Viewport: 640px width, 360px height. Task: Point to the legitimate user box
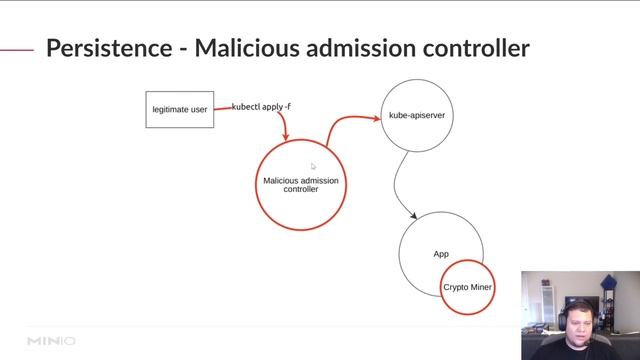coord(180,109)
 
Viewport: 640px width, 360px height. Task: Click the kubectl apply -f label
coord(261,106)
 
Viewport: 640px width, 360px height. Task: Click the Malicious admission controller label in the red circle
coord(301,184)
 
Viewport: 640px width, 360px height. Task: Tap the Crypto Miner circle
coord(468,287)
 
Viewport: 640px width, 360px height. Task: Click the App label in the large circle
coord(441,254)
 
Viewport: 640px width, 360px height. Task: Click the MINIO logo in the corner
coord(51,341)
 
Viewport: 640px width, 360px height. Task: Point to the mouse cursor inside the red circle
coord(313,167)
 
